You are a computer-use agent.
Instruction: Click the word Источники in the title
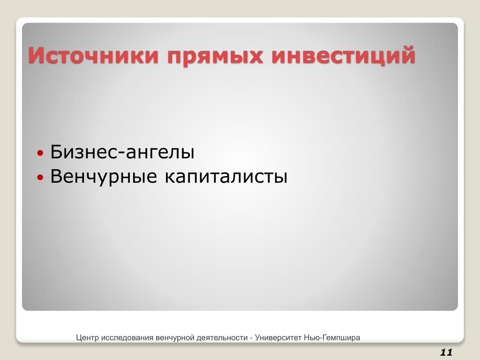point(93,55)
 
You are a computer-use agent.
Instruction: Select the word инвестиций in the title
point(343,56)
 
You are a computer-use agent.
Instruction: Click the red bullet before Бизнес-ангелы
point(40,152)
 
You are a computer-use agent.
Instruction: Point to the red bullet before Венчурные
point(40,177)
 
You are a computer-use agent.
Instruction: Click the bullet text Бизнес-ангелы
point(122,151)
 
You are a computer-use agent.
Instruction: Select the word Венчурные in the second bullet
point(104,177)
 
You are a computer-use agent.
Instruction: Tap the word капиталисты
point(226,177)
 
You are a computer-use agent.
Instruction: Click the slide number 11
point(446,352)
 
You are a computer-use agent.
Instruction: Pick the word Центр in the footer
point(88,338)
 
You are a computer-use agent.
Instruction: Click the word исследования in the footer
point(127,338)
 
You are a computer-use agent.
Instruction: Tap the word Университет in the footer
point(278,338)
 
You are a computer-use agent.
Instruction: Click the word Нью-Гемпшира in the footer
point(332,338)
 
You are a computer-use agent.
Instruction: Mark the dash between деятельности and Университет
point(251,338)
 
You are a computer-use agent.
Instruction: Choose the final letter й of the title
point(407,54)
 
